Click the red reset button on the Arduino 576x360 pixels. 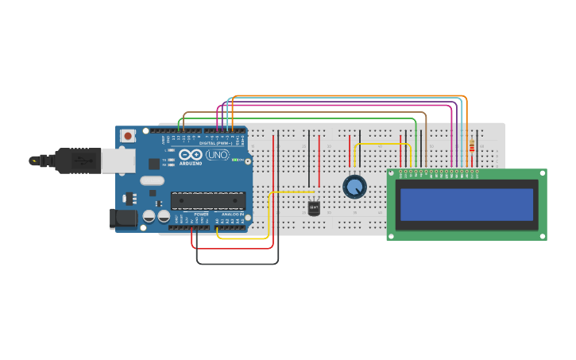point(128,136)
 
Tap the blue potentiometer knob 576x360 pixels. point(354,187)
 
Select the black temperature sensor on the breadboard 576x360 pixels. point(314,207)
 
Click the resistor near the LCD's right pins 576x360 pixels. point(472,146)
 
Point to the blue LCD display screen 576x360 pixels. point(466,204)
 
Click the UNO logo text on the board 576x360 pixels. point(217,155)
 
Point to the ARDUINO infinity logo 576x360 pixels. point(190,155)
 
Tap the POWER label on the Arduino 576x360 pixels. point(201,215)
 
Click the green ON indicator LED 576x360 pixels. point(235,160)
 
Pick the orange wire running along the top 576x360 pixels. point(350,95)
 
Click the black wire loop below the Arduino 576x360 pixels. point(238,263)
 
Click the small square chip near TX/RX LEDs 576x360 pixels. point(154,164)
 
